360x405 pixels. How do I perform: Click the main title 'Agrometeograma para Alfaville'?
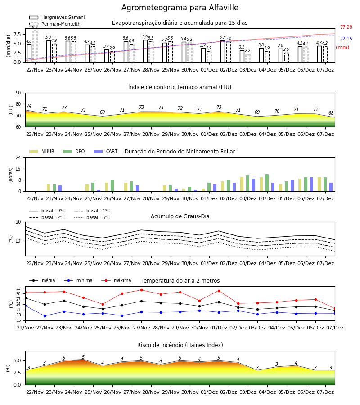click(x=180, y=8)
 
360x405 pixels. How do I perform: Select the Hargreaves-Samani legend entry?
click(x=57, y=17)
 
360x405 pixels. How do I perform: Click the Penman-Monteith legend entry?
click(x=55, y=24)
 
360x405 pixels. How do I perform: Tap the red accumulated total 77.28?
click(x=346, y=27)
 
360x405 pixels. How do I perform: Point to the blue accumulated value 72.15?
click(x=346, y=39)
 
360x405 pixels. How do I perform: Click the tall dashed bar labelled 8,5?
click(x=35, y=46)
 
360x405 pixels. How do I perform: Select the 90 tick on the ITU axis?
click(x=18, y=93)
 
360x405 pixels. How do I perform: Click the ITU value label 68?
click(x=331, y=113)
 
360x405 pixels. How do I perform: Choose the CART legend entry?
click(x=106, y=151)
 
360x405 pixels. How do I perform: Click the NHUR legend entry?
click(x=42, y=151)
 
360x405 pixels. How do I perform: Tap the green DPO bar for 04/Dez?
click(x=267, y=183)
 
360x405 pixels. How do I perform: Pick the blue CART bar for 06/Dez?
click(x=311, y=184)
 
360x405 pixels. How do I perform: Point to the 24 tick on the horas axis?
click(x=18, y=158)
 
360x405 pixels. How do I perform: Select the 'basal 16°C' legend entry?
click(x=92, y=217)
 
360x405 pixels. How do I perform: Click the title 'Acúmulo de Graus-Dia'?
click(x=180, y=216)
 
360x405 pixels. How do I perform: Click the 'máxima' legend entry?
click(x=116, y=280)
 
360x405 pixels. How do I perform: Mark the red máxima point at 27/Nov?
click(x=141, y=290)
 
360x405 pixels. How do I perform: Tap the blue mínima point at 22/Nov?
click(x=45, y=316)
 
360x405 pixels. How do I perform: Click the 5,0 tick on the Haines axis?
click(x=17, y=361)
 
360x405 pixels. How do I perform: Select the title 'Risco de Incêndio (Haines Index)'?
click(x=180, y=345)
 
